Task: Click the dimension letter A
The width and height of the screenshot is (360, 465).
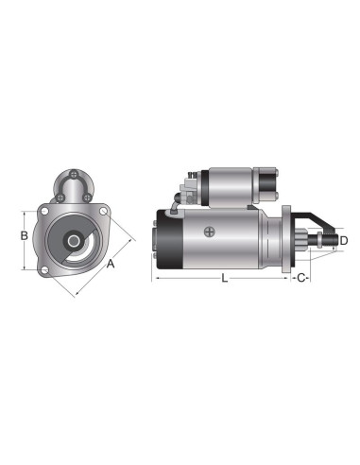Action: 111,266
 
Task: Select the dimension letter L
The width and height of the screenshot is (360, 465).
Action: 223,278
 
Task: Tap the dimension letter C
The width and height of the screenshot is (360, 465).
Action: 300,278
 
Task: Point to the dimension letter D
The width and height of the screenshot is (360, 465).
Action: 344,242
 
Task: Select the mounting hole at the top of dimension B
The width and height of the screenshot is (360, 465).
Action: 44,214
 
